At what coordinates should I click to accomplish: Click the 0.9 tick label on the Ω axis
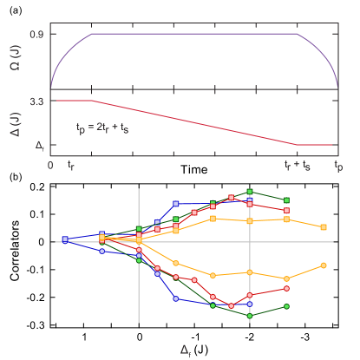tap(36, 34)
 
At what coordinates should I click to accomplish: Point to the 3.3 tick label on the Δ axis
tap(36, 101)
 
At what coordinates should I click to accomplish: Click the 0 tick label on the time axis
tap(50, 165)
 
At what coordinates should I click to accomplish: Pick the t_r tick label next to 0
tap(70, 165)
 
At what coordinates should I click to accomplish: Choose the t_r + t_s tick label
tap(298, 165)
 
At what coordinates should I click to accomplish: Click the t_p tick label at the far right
tap(337, 165)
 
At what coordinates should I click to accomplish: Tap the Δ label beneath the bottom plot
tap(186, 350)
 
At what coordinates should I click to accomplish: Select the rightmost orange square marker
tap(324, 227)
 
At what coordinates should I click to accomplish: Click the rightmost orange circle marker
tap(324, 265)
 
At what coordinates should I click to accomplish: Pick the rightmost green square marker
tap(286, 200)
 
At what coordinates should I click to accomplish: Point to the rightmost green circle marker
tap(286, 306)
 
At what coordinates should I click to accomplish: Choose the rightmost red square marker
tap(286, 211)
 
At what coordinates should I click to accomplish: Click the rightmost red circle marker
tap(286, 288)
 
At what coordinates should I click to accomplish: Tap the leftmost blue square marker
tap(65, 239)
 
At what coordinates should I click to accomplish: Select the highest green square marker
tap(250, 191)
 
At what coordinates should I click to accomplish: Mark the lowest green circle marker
tap(250, 315)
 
